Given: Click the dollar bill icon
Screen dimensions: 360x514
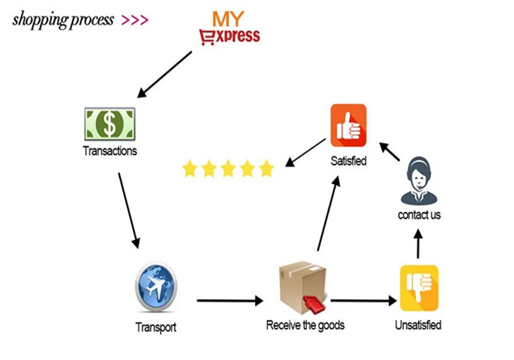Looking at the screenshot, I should click(x=109, y=124).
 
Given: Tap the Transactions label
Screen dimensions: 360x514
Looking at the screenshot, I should click(x=109, y=151).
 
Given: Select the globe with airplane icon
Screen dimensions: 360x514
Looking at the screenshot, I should click(x=156, y=287).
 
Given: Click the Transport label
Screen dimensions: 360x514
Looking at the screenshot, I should click(x=156, y=327).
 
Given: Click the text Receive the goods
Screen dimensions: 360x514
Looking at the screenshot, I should click(x=305, y=325).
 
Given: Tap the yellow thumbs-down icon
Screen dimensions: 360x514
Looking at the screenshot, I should click(x=419, y=288).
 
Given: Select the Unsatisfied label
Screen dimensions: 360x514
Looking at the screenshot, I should click(x=418, y=325).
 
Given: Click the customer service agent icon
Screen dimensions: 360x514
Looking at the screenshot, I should click(x=419, y=181).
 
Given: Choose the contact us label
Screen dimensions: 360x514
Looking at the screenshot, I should click(x=419, y=215).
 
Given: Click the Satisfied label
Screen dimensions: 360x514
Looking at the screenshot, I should click(x=348, y=161).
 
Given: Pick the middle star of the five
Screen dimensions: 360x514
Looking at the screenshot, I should click(x=228, y=169).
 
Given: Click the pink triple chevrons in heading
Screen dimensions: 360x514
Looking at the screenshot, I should click(x=135, y=21).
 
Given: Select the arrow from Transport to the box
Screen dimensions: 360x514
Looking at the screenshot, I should click(x=229, y=300).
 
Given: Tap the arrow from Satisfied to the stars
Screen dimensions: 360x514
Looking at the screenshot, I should click(x=305, y=152).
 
